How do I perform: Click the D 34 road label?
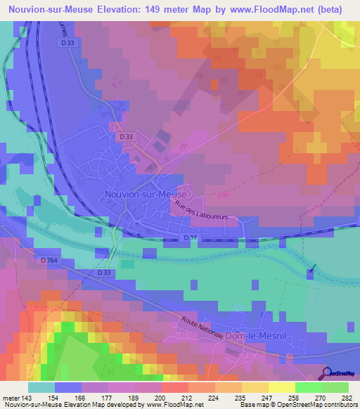[190, 239]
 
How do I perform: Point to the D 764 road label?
[49, 261]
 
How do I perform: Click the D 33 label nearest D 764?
[103, 272]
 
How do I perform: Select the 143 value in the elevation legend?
[25, 397]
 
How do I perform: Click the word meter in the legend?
[9, 397]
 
